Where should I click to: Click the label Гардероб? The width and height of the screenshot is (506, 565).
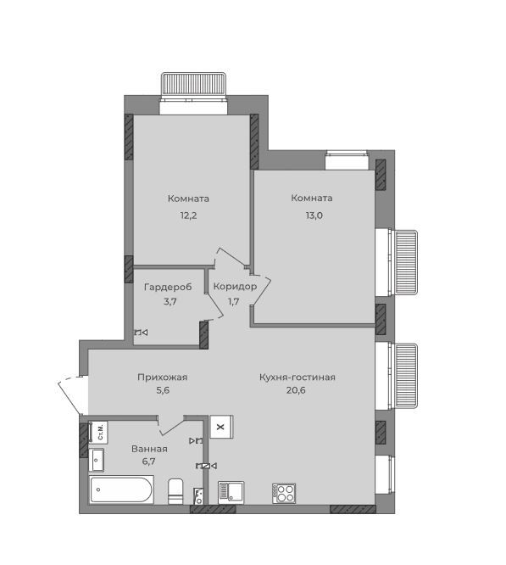point(168,288)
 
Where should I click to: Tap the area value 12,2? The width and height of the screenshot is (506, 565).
point(188,215)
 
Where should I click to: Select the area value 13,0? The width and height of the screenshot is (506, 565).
point(314,215)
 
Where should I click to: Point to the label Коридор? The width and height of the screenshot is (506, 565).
point(235,287)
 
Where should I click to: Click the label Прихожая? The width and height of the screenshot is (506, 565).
point(162,378)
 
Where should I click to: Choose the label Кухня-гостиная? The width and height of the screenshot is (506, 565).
point(297,378)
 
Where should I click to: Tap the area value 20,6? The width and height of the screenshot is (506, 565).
point(296,390)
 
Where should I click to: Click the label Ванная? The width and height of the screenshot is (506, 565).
point(149,449)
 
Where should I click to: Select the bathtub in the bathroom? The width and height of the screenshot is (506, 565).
point(121,489)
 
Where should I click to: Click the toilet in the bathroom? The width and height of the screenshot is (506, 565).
point(175,491)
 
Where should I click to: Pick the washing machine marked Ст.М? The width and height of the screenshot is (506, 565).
point(98,432)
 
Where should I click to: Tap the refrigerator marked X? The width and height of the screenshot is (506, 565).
point(221,427)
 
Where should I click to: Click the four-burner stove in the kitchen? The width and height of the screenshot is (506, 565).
point(284,494)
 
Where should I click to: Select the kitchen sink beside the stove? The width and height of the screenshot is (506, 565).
point(231,493)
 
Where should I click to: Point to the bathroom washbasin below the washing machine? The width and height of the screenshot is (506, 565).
point(97,460)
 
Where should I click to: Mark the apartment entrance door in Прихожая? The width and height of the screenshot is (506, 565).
point(73,395)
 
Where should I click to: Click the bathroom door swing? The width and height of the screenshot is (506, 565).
point(171,425)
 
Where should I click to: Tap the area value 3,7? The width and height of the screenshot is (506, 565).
point(170,302)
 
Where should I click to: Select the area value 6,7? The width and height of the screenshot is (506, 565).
point(148,462)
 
